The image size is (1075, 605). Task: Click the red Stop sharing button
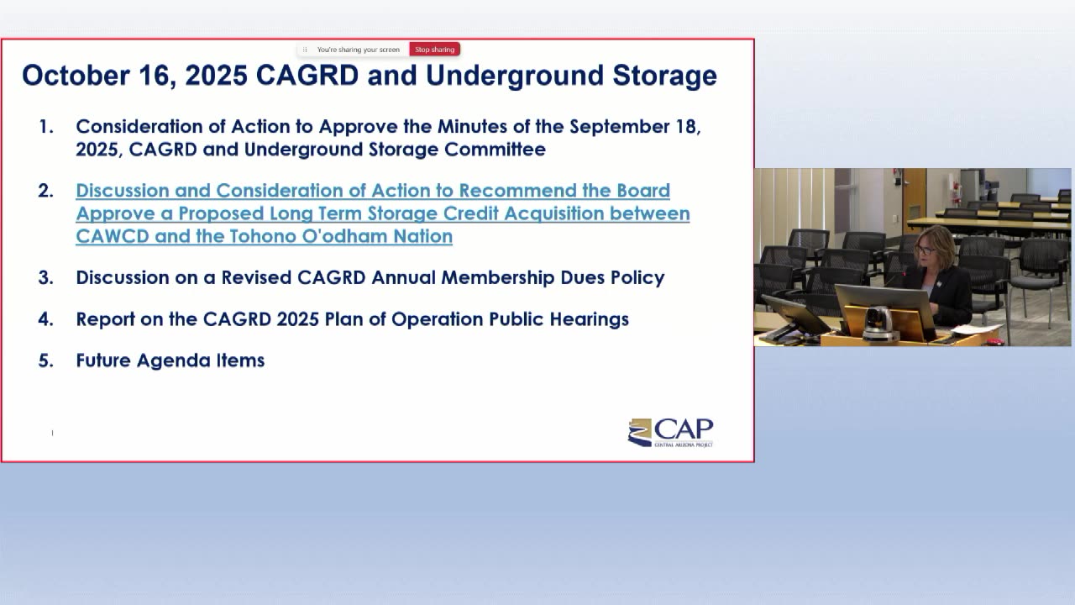tap(434, 50)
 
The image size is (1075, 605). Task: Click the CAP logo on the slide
tap(670, 433)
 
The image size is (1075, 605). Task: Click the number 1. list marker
tap(46, 127)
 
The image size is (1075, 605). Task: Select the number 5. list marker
tap(46, 360)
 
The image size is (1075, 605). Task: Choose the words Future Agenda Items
tap(170, 360)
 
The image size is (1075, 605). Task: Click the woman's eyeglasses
tap(926, 250)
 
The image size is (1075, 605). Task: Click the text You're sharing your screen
tap(358, 50)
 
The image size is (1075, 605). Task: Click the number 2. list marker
tap(46, 191)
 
